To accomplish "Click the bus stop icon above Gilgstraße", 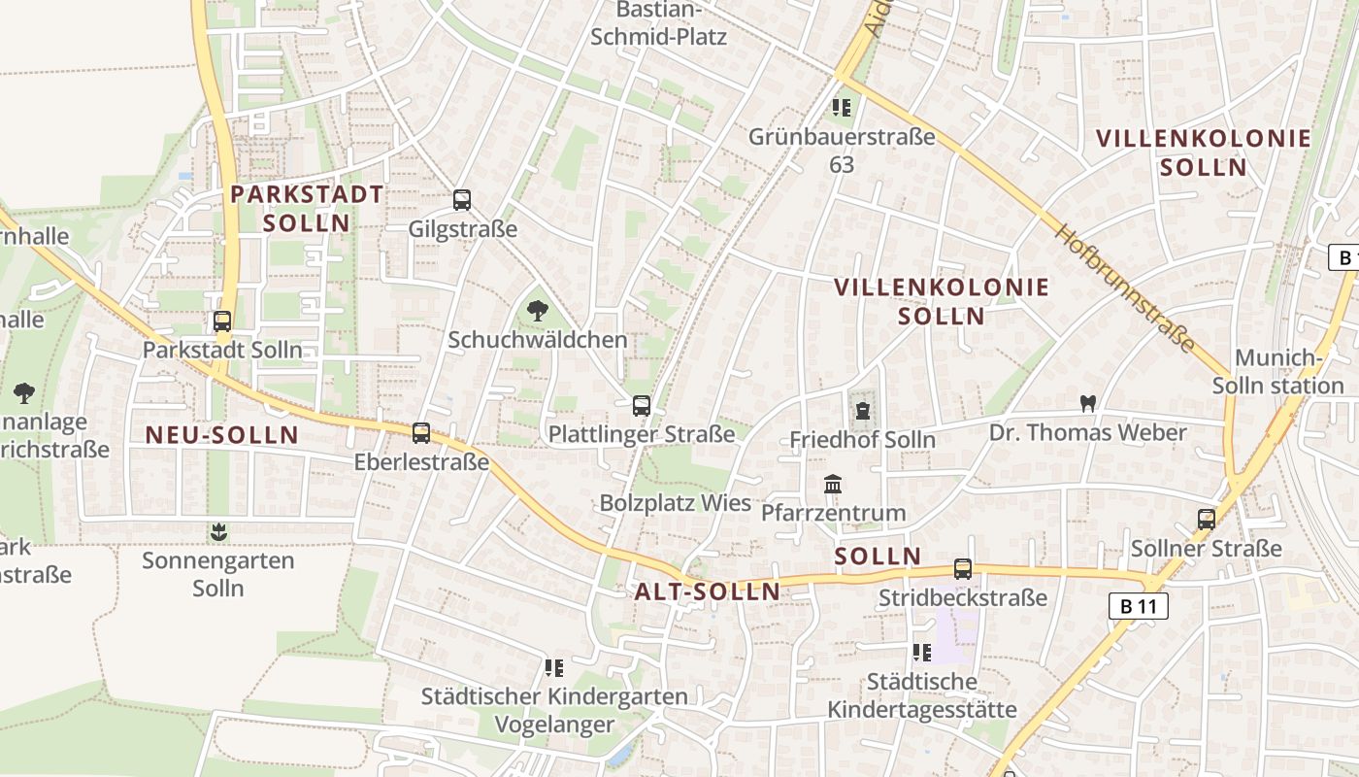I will pos(462,200).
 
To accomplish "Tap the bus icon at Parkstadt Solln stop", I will pos(222,321).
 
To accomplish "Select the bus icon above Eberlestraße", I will pos(421,432).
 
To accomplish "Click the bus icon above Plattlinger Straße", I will pos(641,405).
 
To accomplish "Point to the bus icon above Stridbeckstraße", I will pos(962,568).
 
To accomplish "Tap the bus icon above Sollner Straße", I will pos(1207,519).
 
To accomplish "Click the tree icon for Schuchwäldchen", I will pos(537,311).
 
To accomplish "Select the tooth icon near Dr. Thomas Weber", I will pos(1087,403).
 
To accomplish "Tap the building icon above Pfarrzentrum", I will pos(833,484).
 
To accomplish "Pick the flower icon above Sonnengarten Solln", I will pos(218,532).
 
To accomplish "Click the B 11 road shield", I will pos(1138,607).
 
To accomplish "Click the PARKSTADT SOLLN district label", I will pos(307,208).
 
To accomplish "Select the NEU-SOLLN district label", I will pos(222,435).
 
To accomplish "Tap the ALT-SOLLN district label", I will pos(708,591).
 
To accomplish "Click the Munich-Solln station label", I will pos(1277,372).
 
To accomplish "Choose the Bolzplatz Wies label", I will pos(676,503).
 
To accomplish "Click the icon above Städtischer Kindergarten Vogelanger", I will pos(554,667).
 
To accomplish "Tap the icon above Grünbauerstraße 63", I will pos(842,108).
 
